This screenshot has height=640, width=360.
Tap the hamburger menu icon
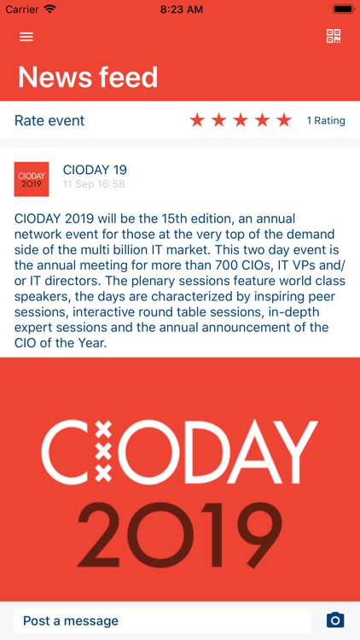click(26, 37)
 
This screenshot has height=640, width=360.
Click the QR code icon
click(334, 36)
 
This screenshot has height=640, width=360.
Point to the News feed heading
click(88, 77)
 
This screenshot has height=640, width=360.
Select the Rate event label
click(49, 120)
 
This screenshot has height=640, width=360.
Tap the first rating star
click(197, 120)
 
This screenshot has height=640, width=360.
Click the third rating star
click(241, 120)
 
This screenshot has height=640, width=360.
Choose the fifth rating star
click(284, 120)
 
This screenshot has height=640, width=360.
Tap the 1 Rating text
click(326, 120)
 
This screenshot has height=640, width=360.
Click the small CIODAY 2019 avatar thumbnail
click(32, 179)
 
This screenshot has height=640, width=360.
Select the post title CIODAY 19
click(95, 170)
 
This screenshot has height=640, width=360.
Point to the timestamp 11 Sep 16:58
click(94, 184)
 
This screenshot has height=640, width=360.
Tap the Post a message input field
click(162, 620)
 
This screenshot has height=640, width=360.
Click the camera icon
click(335, 620)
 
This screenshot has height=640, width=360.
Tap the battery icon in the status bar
click(343, 9)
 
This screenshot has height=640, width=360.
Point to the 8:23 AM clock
click(180, 9)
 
